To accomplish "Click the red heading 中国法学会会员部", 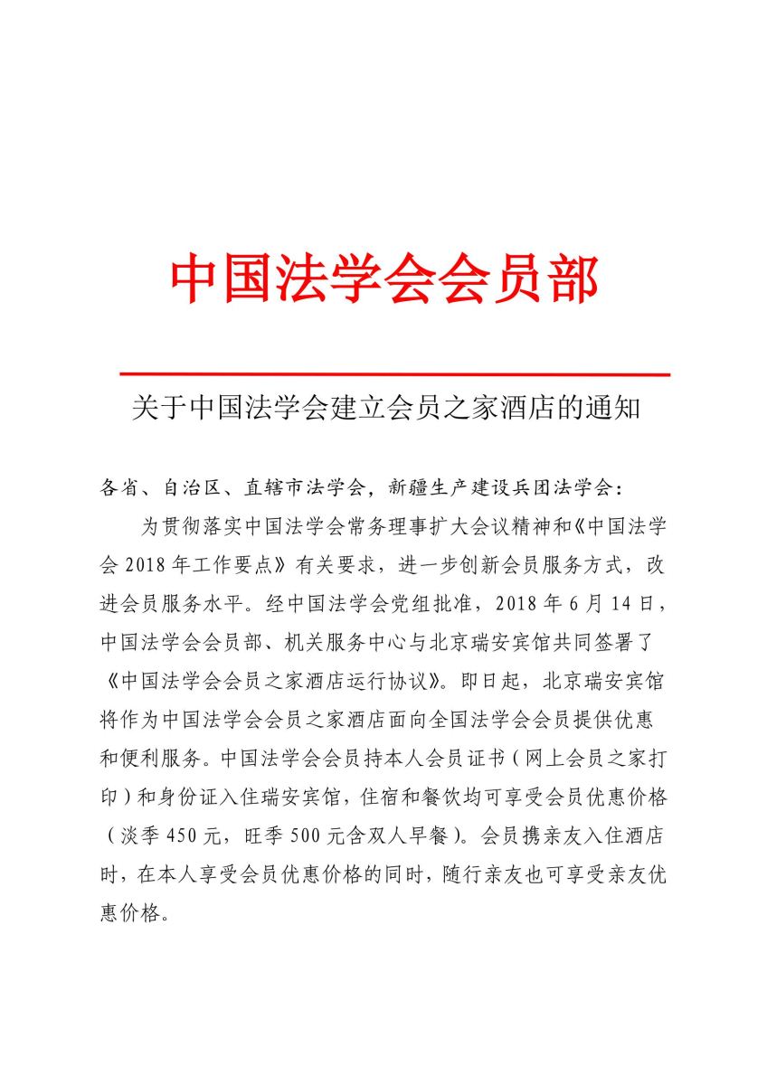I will (383, 278).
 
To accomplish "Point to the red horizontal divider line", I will (394, 373).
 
